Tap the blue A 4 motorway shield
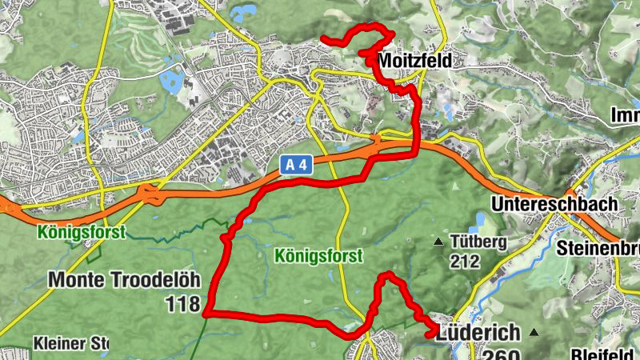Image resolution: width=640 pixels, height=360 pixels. coord(297,165)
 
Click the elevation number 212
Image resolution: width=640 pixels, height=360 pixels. coord(464,261)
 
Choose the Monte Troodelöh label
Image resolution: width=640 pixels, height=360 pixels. coord(124,279)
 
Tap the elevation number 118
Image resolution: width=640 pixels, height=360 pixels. coord(183,303)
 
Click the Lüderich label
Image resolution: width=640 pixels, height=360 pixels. coord(478,333)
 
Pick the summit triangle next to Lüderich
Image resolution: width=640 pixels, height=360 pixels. coord(534,332)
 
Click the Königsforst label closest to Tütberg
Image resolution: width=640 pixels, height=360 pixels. coord(318,256)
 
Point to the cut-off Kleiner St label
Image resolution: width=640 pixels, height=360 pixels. coord(70,344)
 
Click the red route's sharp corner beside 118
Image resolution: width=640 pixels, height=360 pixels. coord(206,313)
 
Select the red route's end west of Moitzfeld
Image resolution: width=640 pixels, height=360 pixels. coord(322,39)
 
